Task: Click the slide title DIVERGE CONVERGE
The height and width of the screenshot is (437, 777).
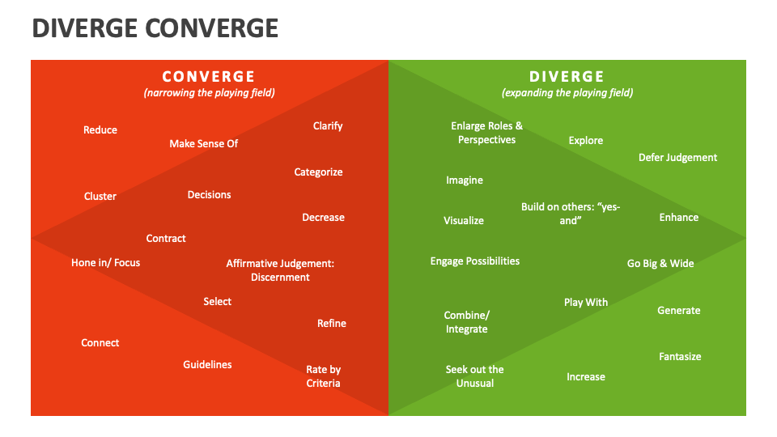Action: pyautogui.click(x=155, y=28)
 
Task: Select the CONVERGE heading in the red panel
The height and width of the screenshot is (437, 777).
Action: pyautogui.click(x=209, y=77)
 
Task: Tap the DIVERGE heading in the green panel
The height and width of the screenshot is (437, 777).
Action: pyautogui.click(x=567, y=77)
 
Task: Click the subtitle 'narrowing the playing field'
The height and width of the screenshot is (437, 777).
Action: pyautogui.click(x=209, y=93)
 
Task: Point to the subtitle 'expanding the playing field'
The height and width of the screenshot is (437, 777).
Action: pyautogui.click(x=567, y=93)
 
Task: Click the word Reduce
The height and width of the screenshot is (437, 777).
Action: pyautogui.click(x=100, y=130)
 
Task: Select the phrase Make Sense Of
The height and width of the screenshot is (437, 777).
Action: pyautogui.click(x=204, y=144)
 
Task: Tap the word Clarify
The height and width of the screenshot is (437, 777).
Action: pyautogui.click(x=328, y=126)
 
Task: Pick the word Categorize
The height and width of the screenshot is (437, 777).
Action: pyautogui.click(x=318, y=172)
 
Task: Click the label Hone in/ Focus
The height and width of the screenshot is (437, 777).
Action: pyautogui.click(x=105, y=263)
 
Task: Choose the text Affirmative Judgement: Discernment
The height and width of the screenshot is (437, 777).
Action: pyautogui.click(x=280, y=270)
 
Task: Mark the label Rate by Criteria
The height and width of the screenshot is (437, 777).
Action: pyautogui.click(x=323, y=376)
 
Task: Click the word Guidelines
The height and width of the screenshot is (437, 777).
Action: pyautogui.click(x=207, y=365)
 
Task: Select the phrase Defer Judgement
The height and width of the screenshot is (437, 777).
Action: pyautogui.click(x=677, y=158)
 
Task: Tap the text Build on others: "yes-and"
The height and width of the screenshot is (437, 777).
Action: pyautogui.click(x=571, y=214)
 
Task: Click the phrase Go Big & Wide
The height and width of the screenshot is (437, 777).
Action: pyautogui.click(x=660, y=264)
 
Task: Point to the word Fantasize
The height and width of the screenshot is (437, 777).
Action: pyautogui.click(x=680, y=357)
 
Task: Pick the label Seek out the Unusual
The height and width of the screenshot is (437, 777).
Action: pyautogui.click(x=474, y=376)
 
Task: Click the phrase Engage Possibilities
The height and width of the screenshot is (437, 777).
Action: pyautogui.click(x=475, y=261)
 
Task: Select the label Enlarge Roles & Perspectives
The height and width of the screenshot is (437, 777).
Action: pyautogui.click(x=486, y=133)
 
